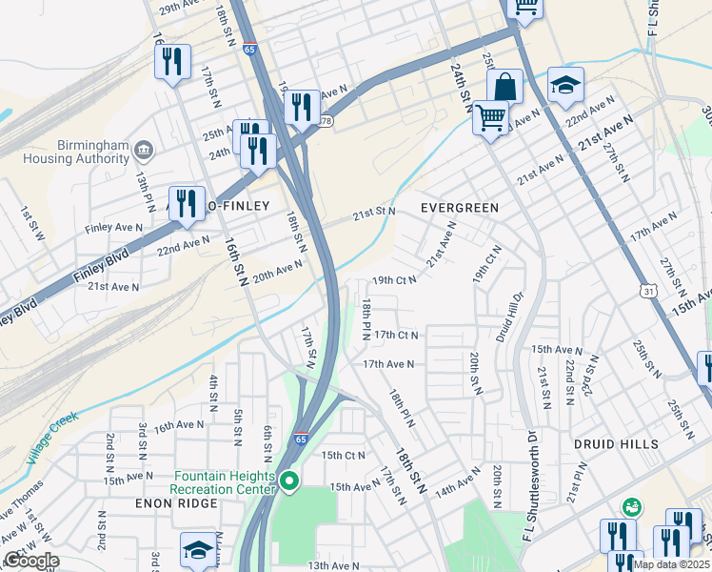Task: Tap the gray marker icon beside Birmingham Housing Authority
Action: (144, 149)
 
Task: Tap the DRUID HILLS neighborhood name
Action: (616, 444)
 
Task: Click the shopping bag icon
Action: (505, 86)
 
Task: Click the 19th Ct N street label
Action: (394, 280)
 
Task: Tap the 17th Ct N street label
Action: (396, 335)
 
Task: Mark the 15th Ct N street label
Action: (343, 455)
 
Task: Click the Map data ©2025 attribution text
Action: (671, 564)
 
